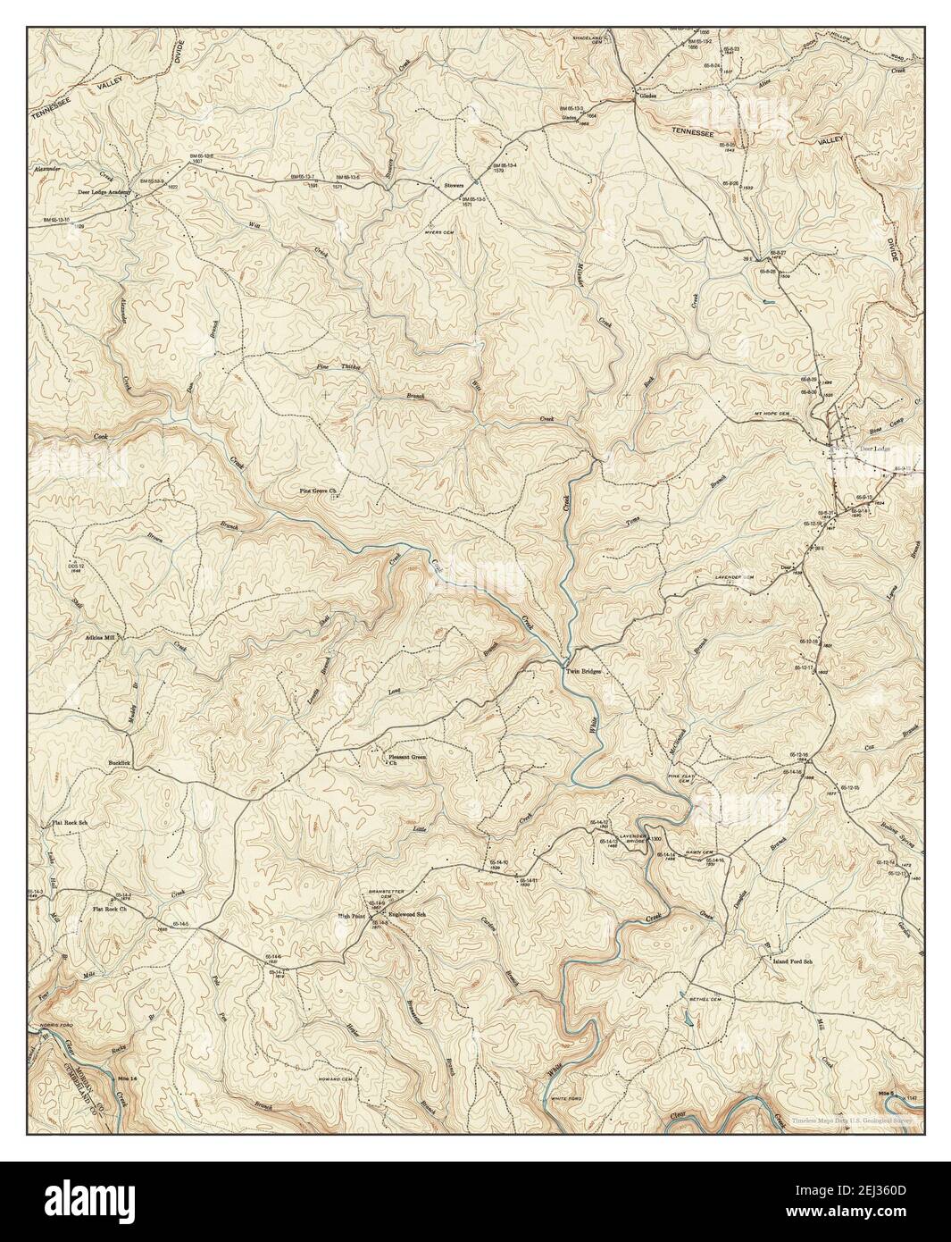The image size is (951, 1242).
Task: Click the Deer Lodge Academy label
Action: point(95,192)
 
